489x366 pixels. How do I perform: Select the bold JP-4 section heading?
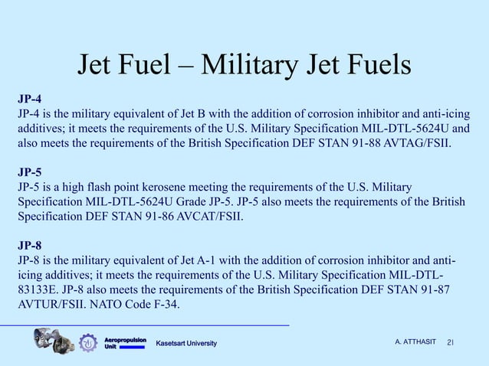point(31,99)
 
